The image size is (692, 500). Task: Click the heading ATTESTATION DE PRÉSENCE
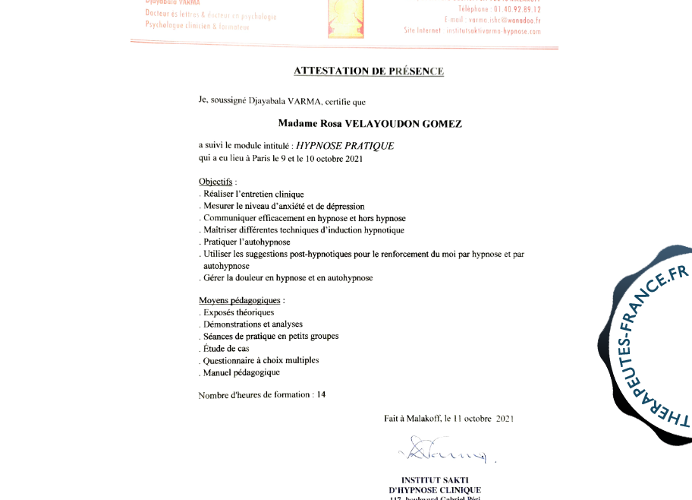click(x=368, y=71)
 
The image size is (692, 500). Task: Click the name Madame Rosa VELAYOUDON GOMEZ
click(x=370, y=123)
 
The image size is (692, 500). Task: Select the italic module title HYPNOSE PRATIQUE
click(x=344, y=146)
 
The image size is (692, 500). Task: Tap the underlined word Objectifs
click(x=215, y=182)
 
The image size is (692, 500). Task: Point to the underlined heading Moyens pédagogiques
click(x=239, y=301)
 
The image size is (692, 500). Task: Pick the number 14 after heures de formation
click(x=321, y=395)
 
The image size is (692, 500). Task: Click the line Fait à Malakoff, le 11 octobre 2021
click(x=448, y=419)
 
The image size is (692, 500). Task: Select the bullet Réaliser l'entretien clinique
click(x=251, y=195)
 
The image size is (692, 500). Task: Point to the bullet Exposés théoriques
click(x=237, y=312)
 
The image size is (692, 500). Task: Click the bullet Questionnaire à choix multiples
click(x=259, y=361)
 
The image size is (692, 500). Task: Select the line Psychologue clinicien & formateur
click(x=197, y=26)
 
